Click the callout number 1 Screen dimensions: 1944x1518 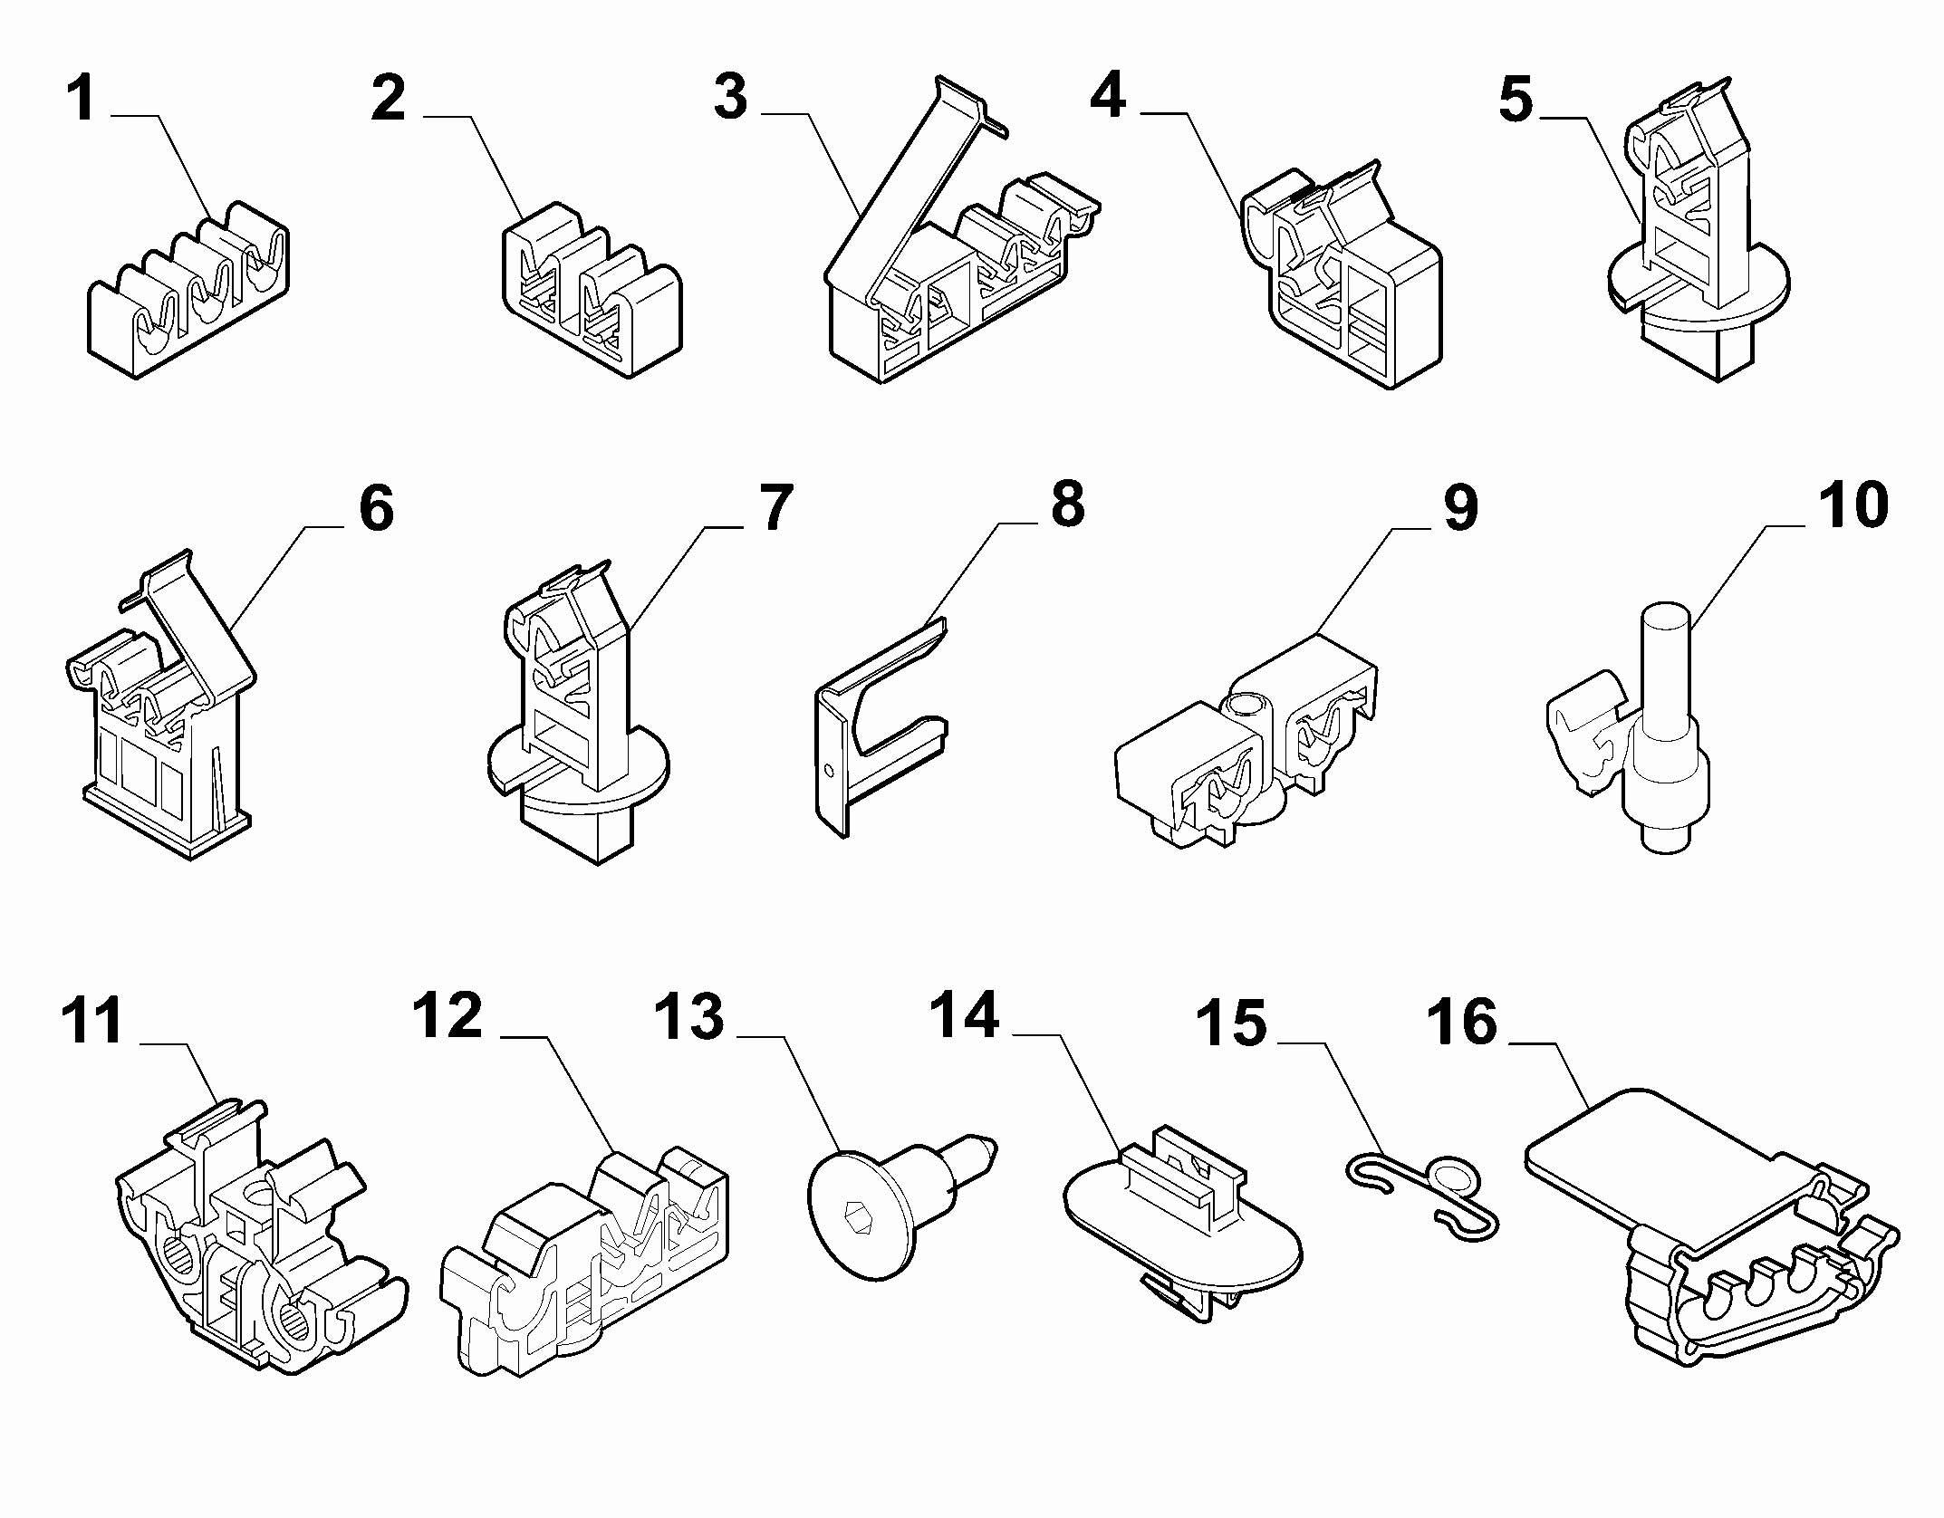(82, 101)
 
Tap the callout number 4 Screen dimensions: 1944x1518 (1107, 97)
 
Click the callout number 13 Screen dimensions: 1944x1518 (689, 1016)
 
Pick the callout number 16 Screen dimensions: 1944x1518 (1462, 1022)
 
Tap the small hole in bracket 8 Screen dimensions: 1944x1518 (831, 771)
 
